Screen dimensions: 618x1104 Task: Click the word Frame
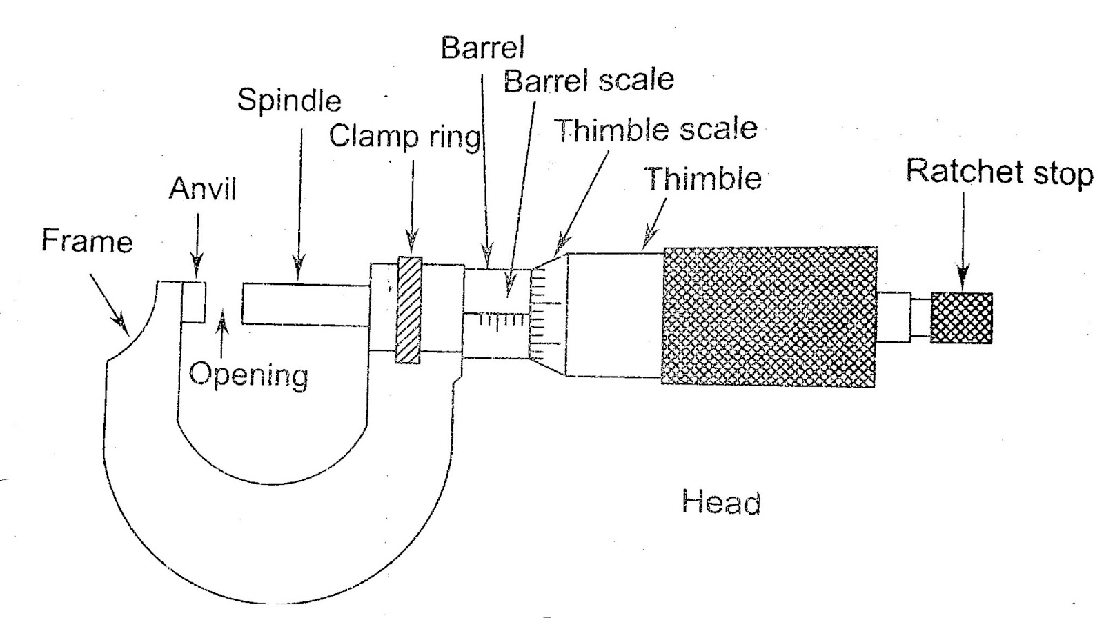point(86,241)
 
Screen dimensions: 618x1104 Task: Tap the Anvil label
point(202,189)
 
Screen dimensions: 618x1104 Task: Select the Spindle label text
point(289,101)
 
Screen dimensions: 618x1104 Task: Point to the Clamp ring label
point(404,137)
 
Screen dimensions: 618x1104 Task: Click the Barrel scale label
point(588,81)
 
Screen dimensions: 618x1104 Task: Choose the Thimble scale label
point(655,130)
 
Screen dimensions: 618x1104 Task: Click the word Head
point(721,502)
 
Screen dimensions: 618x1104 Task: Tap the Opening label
point(248,375)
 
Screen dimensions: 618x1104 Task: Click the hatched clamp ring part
point(408,309)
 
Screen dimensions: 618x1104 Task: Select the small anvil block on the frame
point(194,301)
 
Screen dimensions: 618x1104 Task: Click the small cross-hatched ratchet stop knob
point(961,318)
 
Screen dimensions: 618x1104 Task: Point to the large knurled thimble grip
point(769,316)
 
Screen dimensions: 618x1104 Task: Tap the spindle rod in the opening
point(304,304)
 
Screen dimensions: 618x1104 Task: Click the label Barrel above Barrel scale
point(482,48)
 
